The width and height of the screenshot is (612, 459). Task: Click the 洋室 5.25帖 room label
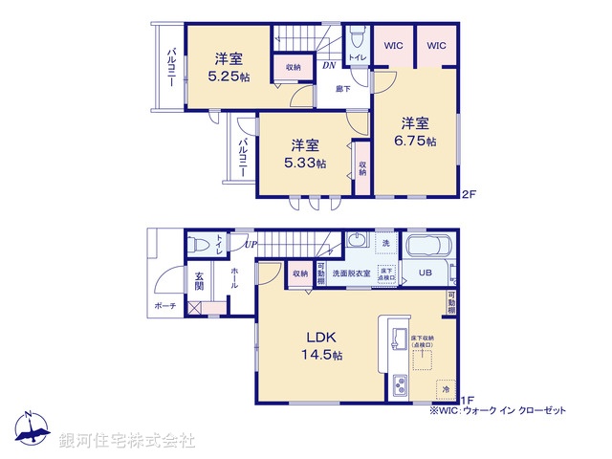click(229, 66)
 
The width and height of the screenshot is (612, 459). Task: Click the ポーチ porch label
click(164, 307)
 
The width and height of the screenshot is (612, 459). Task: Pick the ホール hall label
click(234, 278)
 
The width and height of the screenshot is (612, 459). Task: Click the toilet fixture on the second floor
click(356, 38)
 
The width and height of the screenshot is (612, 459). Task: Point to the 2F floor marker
click(469, 195)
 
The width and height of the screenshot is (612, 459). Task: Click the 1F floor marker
click(468, 400)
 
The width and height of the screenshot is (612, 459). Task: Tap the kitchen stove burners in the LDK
click(400, 387)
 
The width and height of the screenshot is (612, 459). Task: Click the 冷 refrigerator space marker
click(444, 389)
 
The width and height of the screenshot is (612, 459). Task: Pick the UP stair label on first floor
click(250, 246)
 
